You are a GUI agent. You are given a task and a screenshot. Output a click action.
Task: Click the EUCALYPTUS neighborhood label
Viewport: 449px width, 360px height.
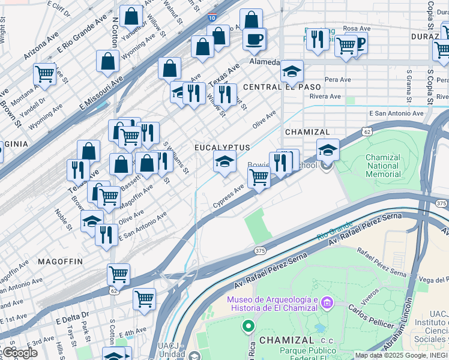[221, 147]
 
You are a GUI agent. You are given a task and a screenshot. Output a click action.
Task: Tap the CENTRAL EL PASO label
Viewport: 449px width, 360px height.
[270, 87]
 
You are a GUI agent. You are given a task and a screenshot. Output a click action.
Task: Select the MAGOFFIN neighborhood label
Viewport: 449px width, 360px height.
[60, 262]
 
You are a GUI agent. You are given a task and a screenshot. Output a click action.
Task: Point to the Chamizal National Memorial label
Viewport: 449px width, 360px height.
[383, 166]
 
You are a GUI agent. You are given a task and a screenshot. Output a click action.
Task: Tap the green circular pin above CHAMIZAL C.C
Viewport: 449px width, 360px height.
[247, 326]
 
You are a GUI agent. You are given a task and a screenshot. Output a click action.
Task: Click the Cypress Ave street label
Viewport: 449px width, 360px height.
[228, 197]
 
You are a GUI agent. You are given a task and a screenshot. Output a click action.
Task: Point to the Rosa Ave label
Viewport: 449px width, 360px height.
[357, 28]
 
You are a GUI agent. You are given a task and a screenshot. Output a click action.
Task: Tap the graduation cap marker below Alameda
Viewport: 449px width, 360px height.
[292, 72]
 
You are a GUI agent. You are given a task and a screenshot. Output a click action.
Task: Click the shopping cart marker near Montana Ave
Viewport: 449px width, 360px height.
[44, 74]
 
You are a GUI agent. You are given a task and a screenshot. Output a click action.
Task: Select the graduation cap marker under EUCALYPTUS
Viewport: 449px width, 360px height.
[224, 161]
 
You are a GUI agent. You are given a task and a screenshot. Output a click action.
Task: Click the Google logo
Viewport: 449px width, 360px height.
[19, 353]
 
